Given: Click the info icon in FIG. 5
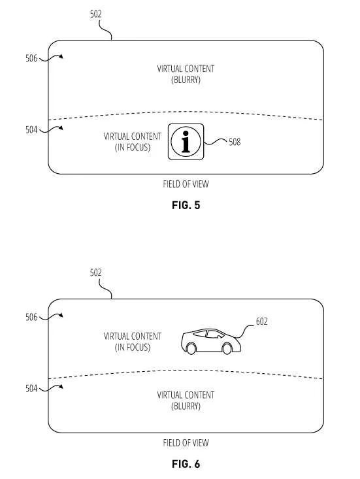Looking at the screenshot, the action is (186, 142).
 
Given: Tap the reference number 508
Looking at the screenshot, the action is (235, 142).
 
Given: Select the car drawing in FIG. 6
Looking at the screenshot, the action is (211, 342).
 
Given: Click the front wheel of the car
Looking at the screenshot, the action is (227, 348).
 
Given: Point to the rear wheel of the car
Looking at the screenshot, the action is (191, 348).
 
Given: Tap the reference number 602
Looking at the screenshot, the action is (262, 322).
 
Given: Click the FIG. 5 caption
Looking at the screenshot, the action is (186, 205).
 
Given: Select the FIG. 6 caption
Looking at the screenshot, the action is (186, 464).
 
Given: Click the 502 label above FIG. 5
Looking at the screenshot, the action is (95, 14).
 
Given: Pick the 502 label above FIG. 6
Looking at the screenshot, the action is (95, 273).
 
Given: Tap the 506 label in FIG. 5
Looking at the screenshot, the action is (31, 58).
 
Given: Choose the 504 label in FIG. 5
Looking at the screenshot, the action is (31, 130).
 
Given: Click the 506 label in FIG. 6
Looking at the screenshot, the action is (31, 317).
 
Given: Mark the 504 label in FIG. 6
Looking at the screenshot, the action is (31, 389).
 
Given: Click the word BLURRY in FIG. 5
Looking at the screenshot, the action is (186, 80).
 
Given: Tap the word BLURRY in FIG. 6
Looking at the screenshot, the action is (186, 406).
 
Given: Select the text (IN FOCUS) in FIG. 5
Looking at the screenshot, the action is (133, 148).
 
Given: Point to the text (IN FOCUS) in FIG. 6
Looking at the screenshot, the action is (133, 348).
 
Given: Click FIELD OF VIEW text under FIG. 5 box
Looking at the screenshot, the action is (186, 184).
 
